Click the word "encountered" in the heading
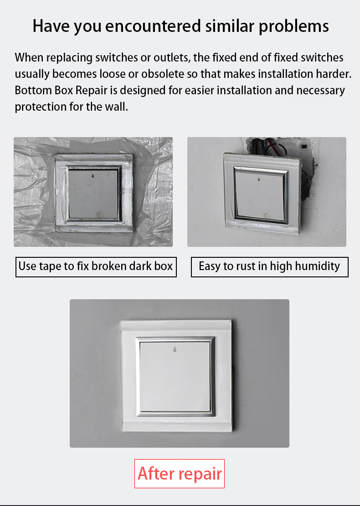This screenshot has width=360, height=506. pyautogui.click(x=153, y=26)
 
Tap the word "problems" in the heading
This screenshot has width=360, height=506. pyautogui.click(x=294, y=26)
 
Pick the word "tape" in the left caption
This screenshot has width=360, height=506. pyautogui.click(x=51, y=267)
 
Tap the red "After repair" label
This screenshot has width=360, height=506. pyautogui.click(x=180, y=474)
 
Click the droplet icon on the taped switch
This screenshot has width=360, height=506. pyautogui.click(x=93, y=176)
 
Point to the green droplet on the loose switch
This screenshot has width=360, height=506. pyautogui.click(x=259, y=179)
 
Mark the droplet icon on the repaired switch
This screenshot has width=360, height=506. pyautogui.click(x=175, y=349)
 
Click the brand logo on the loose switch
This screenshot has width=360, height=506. pyautogui.click(x=262, y=225)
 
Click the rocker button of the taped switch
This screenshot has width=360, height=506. pyautogui.click(x=93, y=194)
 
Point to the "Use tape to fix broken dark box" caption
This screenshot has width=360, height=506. pyautogui.click(x=96, y=267)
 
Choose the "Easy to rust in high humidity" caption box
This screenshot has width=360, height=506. pyautogui.click(x=270, y=267)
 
